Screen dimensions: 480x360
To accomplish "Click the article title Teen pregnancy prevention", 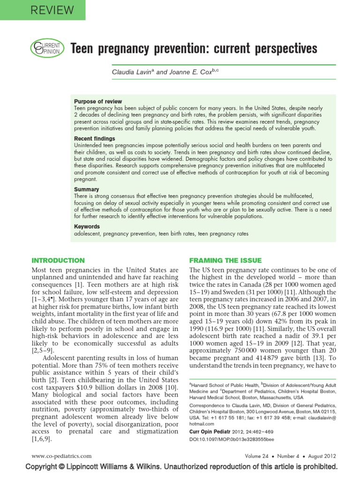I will (x=193, y=48).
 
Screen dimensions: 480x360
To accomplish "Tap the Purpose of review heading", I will (x=98, y=101).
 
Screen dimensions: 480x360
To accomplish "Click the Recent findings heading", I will (x=94, y=139).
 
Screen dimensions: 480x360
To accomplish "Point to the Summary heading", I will (x=86, y=189).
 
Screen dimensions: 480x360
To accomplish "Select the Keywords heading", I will (x=87, y=226).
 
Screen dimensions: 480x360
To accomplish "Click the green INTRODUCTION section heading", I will (x=58, y=260).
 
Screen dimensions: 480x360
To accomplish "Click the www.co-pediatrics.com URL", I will (x=61, y=456).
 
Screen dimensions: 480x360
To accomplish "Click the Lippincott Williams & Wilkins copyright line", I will (x=181, y=467).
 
